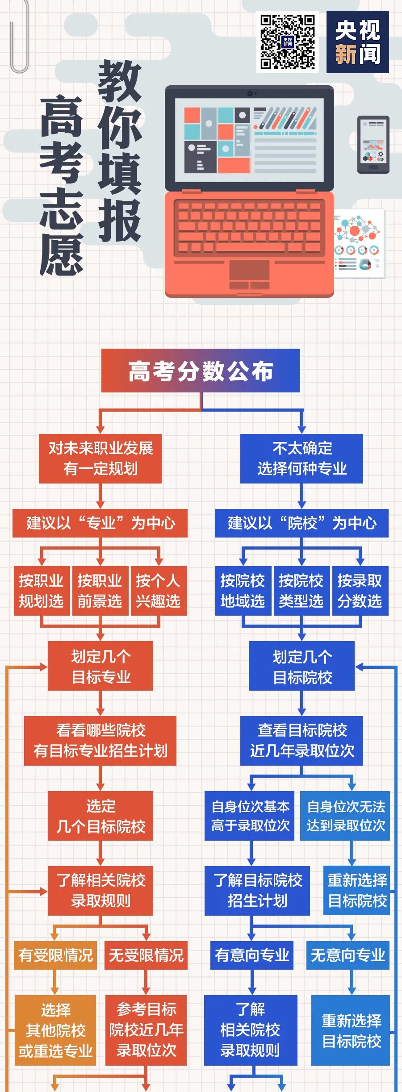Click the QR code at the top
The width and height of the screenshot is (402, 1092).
pyautogui.click(x=288, y=42)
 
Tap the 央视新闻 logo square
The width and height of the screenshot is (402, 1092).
pyautogui.click(x=357, y=42)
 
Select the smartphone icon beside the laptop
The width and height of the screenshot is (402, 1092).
pyautogui.click(x=373, y=145)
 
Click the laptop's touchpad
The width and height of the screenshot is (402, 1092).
pyautogui.click(x=249, y=270)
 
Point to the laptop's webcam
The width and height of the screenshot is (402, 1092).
pyautogui.click(x=250, y=93)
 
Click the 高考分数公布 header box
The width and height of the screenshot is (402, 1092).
pyautogui.click(x=201, y=371)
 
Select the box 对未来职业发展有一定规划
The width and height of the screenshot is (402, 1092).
pyautogui.click(x=100, y=458)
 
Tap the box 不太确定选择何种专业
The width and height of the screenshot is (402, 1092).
pyautogui.click(x=301, y=458)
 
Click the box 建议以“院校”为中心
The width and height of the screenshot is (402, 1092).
pyautogui.click(x=301, y=523)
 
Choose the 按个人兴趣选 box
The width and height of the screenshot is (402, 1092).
pyautogui.click(x=158, y=591)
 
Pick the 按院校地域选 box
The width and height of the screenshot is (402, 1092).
pyautogui.click(x=243, y=591)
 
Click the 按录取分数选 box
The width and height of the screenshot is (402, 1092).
pyautogui.click(x=360, y=591)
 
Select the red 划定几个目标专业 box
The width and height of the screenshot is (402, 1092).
pyautogui.click(x=100, y=666)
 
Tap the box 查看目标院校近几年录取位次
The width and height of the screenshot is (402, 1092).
pyautogui.click(x=301, y=741)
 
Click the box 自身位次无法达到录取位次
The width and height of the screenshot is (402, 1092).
pyautogui.click(x=345, y=816)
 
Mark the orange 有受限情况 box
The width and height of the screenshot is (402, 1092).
pyautogui.click(x=55, y=955)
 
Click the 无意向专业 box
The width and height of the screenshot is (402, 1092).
pyautogui.click(x=348, y=955)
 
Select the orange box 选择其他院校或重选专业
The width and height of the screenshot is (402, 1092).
pyautogui.click(x=55, y=1030)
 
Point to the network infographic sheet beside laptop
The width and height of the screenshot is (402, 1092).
pyautogui.click(x=359, y=243)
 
